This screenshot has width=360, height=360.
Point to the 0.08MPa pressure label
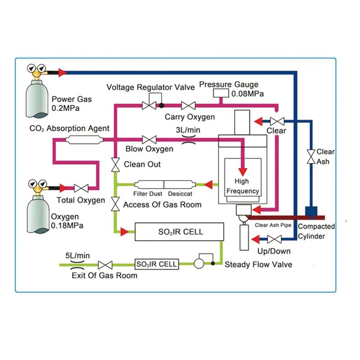(x=247, y=94)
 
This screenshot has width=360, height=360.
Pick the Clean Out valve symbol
(x=116, y=165)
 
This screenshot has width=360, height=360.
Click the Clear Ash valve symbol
(x=310, y=157)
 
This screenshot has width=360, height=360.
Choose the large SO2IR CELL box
(x=180, y=232)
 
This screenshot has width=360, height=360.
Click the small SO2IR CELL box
(x=157, y=264)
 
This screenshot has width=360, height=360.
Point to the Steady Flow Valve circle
(x=199, y=264)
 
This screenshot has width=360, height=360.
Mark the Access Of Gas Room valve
(x=116, y=204)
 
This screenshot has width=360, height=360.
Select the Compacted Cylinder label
(x=317, y=231)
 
